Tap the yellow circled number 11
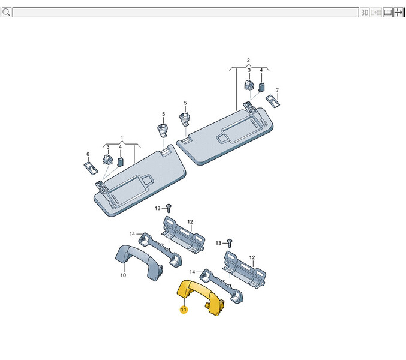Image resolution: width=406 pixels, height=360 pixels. [184, 309]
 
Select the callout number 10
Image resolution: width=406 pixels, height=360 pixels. [123, 275]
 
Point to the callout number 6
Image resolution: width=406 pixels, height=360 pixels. [88, 154]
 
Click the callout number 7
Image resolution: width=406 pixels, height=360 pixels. [277, 90]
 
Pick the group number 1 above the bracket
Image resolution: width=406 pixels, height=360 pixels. [122, 137]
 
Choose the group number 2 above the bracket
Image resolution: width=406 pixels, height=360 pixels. [248, 60]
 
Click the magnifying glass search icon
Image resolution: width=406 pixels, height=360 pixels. [6, 12]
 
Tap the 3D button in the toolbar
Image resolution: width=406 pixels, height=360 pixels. [364, 13]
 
